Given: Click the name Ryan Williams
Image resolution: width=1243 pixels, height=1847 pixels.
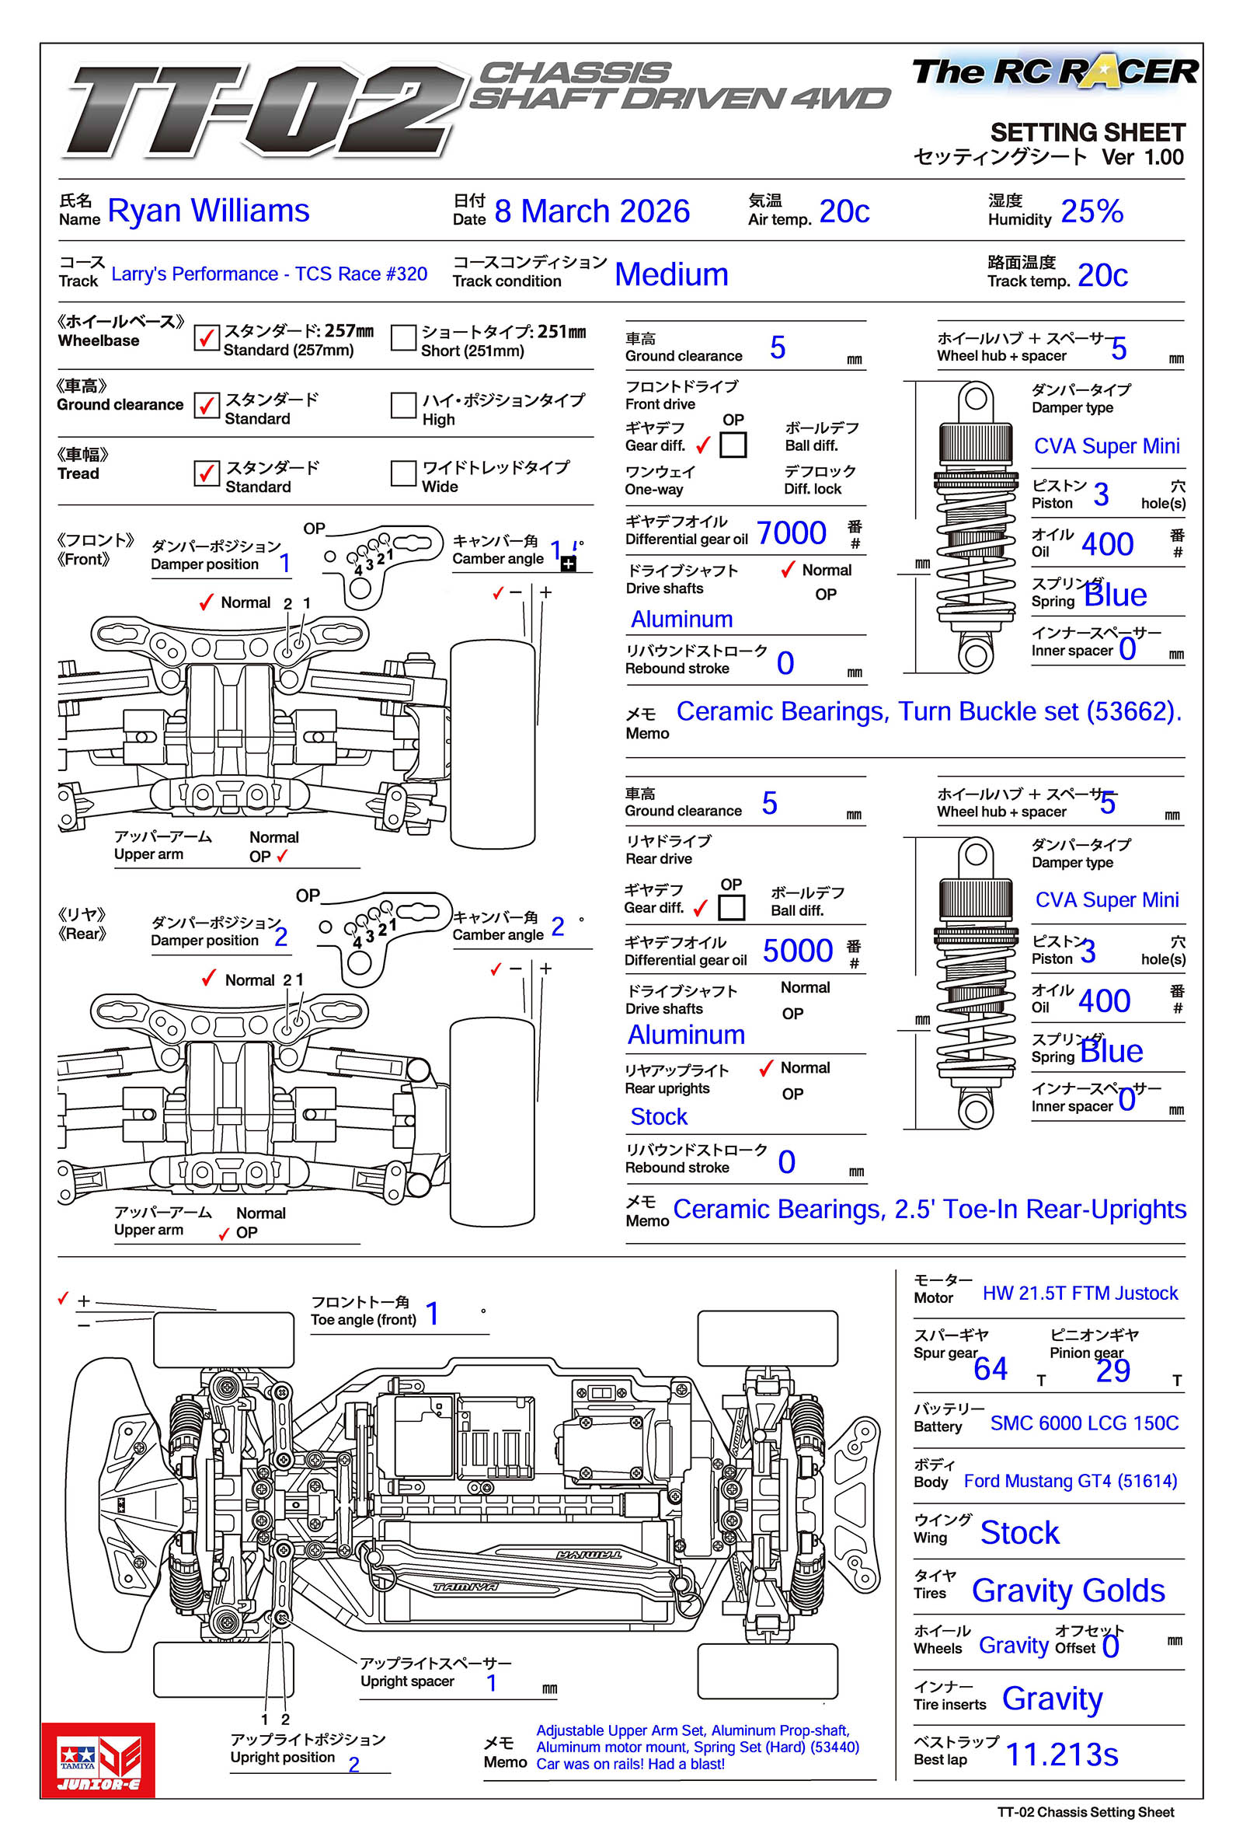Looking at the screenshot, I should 207,211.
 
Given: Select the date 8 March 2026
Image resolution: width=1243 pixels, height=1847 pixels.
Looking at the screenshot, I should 591,211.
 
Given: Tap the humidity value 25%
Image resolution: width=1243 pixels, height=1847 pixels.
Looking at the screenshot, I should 1091,211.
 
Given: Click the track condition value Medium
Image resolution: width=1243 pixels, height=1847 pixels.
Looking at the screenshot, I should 670,275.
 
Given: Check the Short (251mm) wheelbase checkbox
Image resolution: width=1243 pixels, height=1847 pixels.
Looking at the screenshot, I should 403,338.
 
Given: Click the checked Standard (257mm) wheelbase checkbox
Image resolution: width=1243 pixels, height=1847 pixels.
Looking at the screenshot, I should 207,338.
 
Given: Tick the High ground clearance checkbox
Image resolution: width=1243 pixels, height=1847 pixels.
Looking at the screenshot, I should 403,405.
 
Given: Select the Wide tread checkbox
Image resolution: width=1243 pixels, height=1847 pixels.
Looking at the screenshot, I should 403,473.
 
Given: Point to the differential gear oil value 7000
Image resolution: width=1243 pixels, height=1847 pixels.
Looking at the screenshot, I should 790,533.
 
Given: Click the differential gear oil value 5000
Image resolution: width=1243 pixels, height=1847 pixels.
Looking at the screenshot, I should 797,951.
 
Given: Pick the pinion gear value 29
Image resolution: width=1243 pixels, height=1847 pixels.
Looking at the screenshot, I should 1112,1370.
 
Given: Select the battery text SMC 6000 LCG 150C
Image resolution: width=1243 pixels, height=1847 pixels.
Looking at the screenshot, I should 1084,1423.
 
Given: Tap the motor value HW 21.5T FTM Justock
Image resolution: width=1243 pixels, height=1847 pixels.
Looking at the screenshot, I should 1080,1294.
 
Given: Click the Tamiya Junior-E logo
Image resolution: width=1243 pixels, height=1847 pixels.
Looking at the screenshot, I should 99,1759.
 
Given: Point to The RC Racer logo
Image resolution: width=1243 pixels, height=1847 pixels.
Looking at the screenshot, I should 1054,73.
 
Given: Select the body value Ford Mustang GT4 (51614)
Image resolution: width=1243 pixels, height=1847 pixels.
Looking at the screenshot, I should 1070,1481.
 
